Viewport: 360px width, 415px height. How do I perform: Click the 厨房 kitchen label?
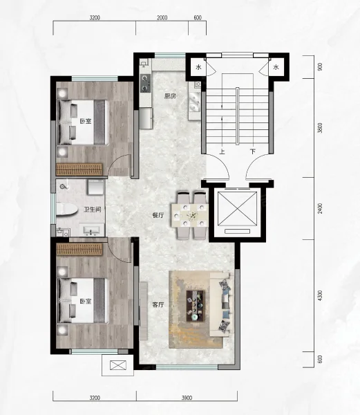tap(170, 96)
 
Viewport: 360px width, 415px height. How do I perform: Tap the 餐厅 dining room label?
tap(158, 215)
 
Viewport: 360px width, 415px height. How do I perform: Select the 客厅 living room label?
tap(158, 304)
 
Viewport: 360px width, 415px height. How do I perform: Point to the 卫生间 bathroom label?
tap(93, 210)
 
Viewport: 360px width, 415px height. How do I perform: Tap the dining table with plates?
tap(189, 215)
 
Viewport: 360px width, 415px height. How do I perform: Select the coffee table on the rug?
tap(196, 306)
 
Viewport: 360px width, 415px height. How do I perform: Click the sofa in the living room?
tap(222, 304)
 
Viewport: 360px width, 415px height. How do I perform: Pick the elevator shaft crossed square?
tap(237, 209)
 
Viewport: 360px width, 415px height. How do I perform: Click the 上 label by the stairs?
tap(222, 151)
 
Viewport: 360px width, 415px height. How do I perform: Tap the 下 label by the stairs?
tap(253, 151)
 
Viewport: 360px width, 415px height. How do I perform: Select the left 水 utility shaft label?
tap(198, 67)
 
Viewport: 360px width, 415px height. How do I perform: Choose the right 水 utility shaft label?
tap(276, 67)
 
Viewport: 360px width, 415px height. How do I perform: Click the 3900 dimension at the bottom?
tap(187, 398)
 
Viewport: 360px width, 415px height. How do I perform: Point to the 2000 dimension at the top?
tap(162, 18)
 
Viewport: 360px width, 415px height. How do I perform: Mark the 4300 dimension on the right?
tap(321, 295)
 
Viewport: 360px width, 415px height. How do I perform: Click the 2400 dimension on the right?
tap(321, 209)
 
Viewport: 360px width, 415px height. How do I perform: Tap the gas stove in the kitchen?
tap(145, 83)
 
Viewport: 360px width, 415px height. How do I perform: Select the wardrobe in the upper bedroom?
tap(79, 169)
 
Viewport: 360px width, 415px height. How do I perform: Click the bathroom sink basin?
tap(91, 230)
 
